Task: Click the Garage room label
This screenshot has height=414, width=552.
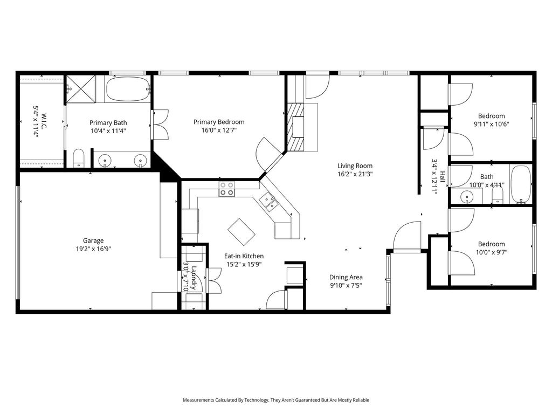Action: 93,240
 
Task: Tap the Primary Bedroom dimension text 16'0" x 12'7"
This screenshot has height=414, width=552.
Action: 219,130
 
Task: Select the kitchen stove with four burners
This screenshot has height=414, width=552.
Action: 227,189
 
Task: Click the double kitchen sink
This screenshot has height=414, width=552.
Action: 268,202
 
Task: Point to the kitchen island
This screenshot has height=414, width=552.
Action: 241,232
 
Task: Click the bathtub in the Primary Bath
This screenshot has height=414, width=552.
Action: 128,89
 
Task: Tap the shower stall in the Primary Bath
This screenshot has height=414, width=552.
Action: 81,89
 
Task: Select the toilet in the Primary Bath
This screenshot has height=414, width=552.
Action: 79,158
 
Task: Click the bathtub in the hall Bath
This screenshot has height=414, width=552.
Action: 521,184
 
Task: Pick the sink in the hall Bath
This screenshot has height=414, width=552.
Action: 467,196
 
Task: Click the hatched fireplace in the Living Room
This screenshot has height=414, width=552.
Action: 296,127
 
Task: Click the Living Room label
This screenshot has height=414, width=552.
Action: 355,166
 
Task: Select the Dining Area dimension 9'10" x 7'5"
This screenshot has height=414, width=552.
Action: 346,286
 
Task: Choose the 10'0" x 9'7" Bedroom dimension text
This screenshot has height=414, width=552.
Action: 492,252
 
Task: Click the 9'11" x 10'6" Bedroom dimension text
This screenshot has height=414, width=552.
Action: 492,124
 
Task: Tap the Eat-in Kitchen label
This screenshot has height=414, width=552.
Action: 244,256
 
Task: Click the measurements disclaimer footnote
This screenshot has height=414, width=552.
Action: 276,400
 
